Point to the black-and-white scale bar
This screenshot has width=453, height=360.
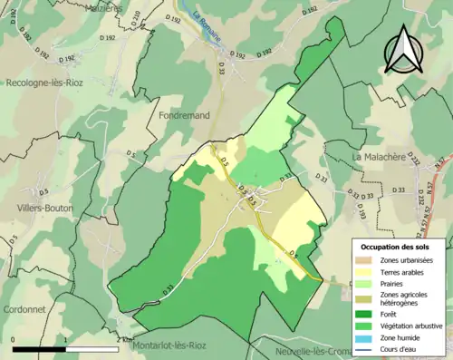pyautogui.click(x=69, y=348)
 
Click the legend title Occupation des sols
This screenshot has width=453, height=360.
pyautogui.click(x=400, y=246)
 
